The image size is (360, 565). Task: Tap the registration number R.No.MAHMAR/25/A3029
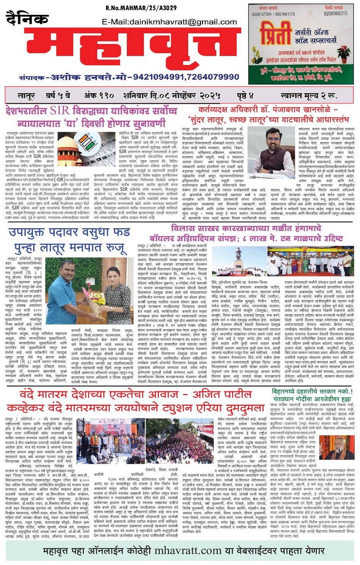point(141,8)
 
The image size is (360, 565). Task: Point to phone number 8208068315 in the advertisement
point(335,13)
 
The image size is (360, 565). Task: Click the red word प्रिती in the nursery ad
point(275,34)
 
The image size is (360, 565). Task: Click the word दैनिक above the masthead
point(27,18)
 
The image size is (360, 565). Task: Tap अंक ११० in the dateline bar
point(99,95)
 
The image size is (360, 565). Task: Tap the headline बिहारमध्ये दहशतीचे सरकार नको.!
point(312,392)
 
